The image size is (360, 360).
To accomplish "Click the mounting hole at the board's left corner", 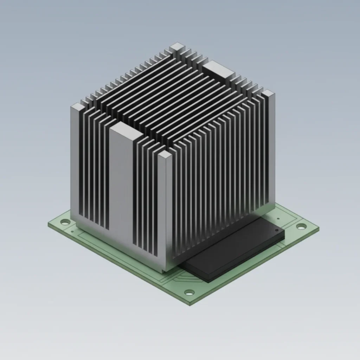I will click(65, 222).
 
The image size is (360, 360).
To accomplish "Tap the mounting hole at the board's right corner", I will click(301, 226).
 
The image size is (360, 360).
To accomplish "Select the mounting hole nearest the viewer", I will click(189, 292).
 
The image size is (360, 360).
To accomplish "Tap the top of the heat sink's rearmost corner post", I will click(177, 46).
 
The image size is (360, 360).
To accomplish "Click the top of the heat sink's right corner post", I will click(268, 93).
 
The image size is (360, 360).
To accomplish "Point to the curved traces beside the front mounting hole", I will click(176, 278).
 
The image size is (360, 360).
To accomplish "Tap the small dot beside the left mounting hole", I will click(72, 231).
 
